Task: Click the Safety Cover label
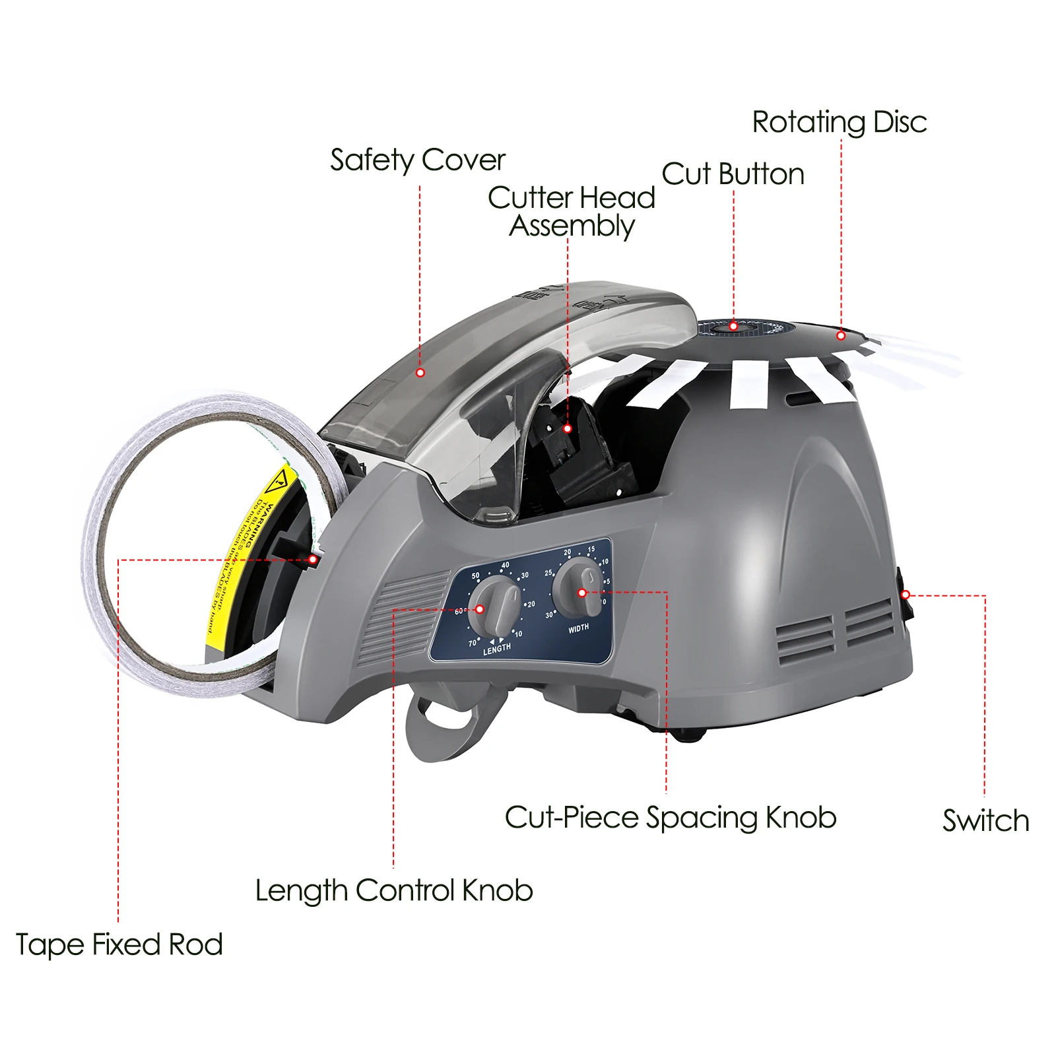(x=417, y=160)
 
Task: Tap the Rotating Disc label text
(x=839, y=123)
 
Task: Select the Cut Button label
(x=733, y=175)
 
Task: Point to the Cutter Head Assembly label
(x=572, y=211)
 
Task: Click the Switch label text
(x=985, y=821)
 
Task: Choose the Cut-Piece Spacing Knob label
(x=671, y=818)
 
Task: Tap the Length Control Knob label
(x=394, y=891)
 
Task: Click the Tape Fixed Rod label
(x=119, y=944)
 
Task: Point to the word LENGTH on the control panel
(x=497, y=649)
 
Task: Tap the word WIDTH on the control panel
(x=578, y=628)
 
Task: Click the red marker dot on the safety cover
(x=420, y=373)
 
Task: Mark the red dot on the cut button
(x=733, y=327)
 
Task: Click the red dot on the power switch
(x=906, y=595)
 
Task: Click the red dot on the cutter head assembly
(x=568, y=429)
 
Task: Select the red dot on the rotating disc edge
(x=841, y=336)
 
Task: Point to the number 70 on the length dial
(x=473, y=642)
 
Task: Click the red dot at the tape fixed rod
(x=313, y=560)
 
